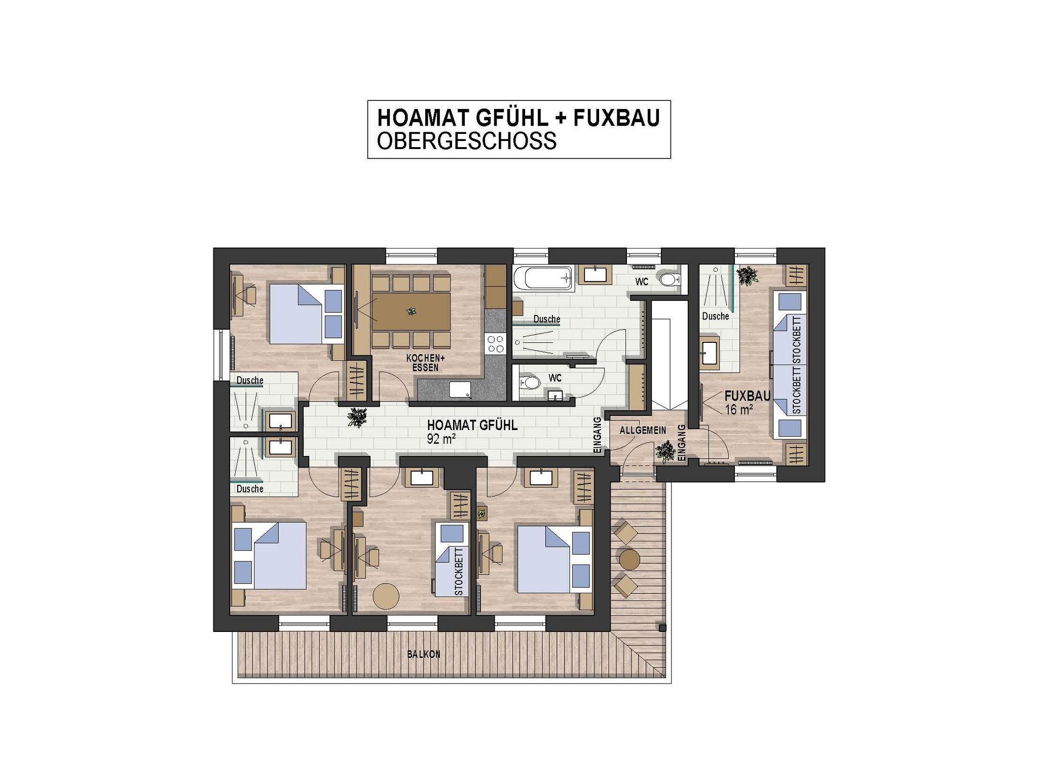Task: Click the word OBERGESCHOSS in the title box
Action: (x=467, y=140)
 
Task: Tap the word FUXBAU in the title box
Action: (x=616, y=118)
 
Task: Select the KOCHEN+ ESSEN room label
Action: (x=425, y=363)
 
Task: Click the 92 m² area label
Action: (x=440, y=439)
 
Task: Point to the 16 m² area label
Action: (x=738, y=409)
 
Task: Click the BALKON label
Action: (x=424, y=654)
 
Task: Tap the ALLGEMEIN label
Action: (x=643, y=431)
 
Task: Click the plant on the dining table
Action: (x=411, y=311)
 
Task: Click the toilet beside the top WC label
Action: (x=669, y=278)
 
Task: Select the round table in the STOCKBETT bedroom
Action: (x=386, y=596)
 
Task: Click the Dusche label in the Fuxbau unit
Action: (x=715, y=316)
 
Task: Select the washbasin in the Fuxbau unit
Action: (x=710, y=353)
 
